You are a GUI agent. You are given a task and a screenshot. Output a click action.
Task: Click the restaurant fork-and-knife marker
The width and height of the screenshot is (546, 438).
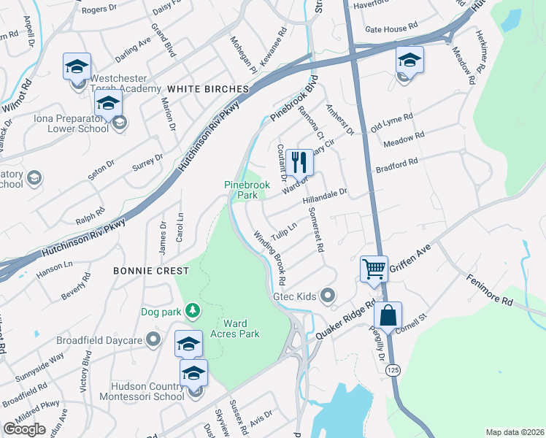(x=299, y=161)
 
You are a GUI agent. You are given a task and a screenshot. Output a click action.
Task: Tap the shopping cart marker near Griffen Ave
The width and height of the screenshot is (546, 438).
(x=374, y=268)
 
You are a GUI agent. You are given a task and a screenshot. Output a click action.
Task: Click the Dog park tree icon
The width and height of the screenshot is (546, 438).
(x=193, y=312)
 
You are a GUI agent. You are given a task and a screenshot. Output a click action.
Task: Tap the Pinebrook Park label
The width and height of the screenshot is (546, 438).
(x=247, y=191)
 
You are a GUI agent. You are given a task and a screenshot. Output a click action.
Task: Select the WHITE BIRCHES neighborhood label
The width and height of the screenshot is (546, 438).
(x=208, y=88)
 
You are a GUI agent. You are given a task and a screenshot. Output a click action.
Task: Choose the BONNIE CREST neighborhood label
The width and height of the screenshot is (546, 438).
(x=151, y=271)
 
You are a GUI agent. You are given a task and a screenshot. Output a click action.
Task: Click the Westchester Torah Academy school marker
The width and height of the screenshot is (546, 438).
(x=77, y=66)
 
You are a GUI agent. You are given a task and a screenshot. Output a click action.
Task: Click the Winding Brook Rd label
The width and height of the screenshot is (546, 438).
(x=269, y=258)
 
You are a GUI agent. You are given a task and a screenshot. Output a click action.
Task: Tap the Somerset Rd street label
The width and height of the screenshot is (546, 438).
(x=319, y=228)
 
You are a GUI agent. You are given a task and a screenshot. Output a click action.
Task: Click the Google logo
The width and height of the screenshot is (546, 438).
(x=24, y=429)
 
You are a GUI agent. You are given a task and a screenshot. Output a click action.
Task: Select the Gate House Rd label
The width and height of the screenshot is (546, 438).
(x=391, y=27)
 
